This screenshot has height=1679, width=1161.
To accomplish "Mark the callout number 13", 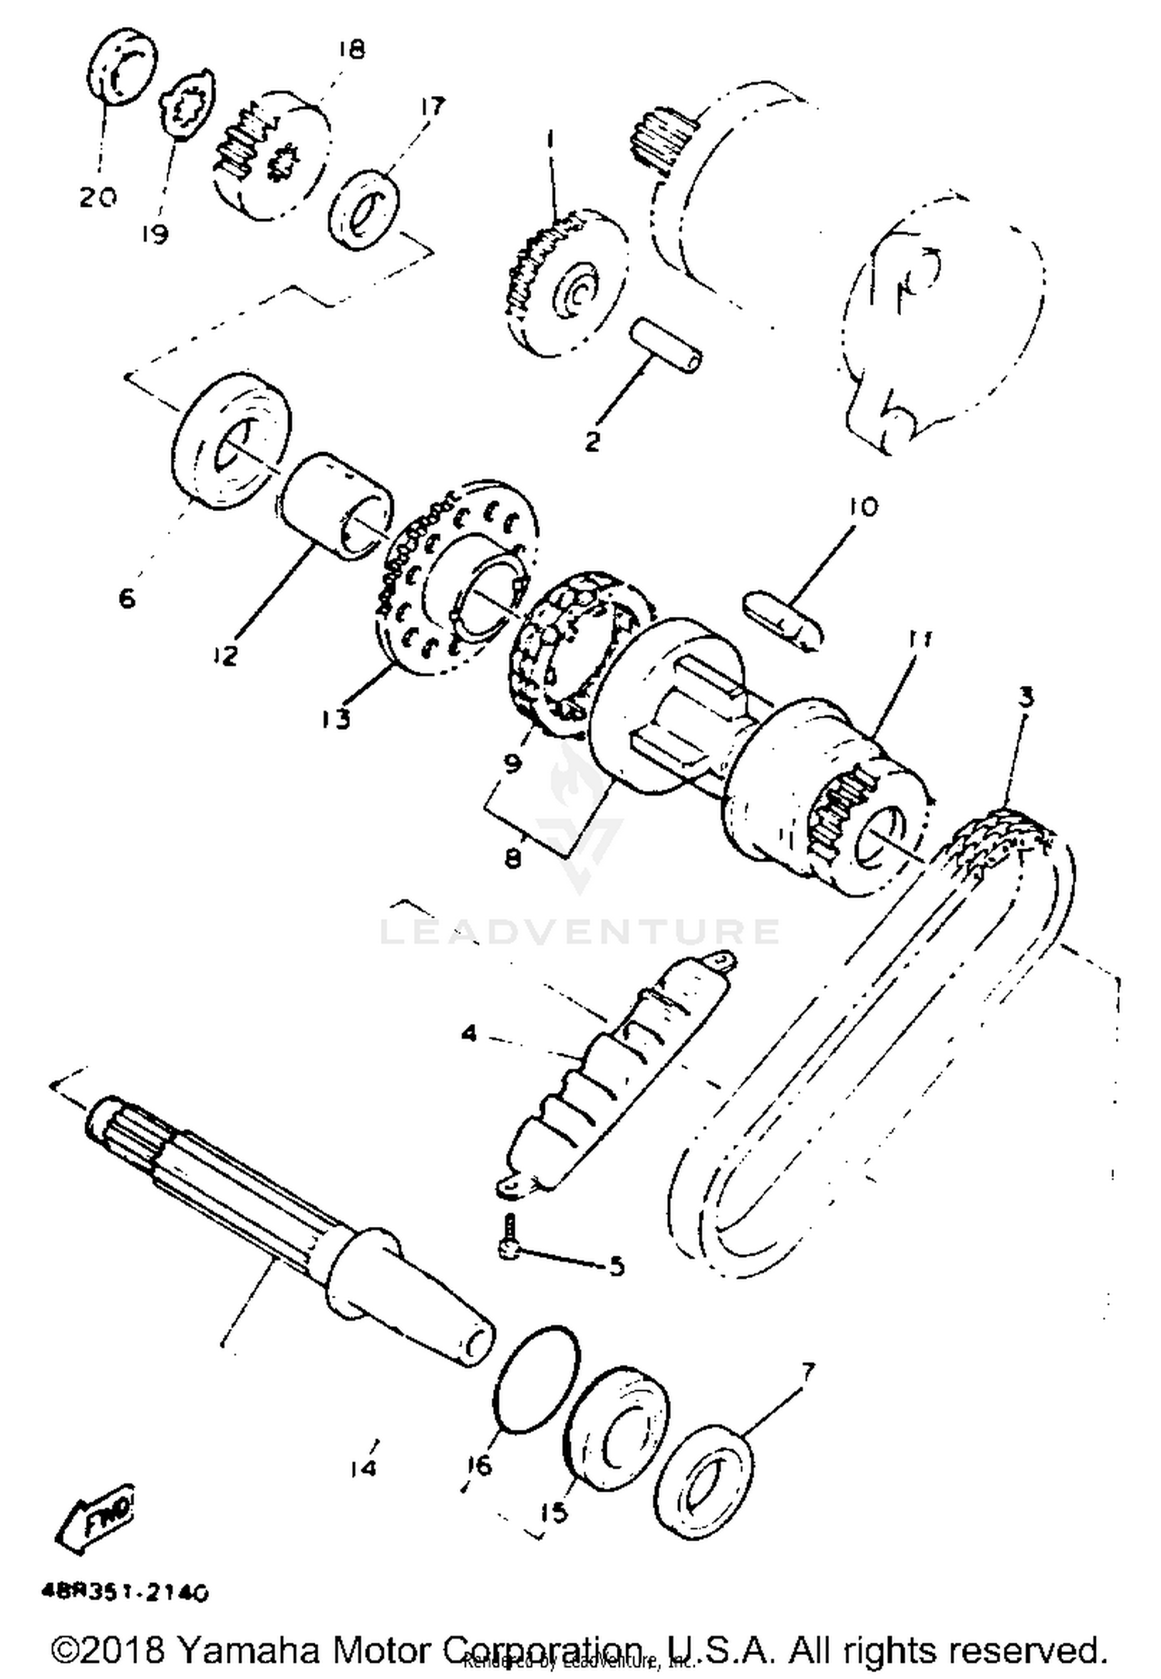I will tap(336, 718).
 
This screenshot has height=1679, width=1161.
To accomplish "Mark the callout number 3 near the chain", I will tap(1026, 697).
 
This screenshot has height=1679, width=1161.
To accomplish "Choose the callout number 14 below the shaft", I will tap(364, 1467).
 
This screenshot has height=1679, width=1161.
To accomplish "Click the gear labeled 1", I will tap(567, 285).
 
